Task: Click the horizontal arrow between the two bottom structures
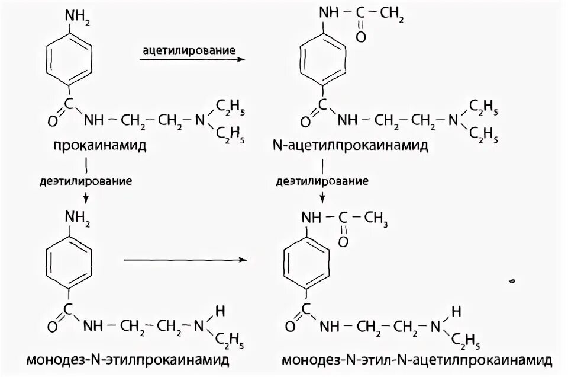pyautogui.click(x=183, y=260)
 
